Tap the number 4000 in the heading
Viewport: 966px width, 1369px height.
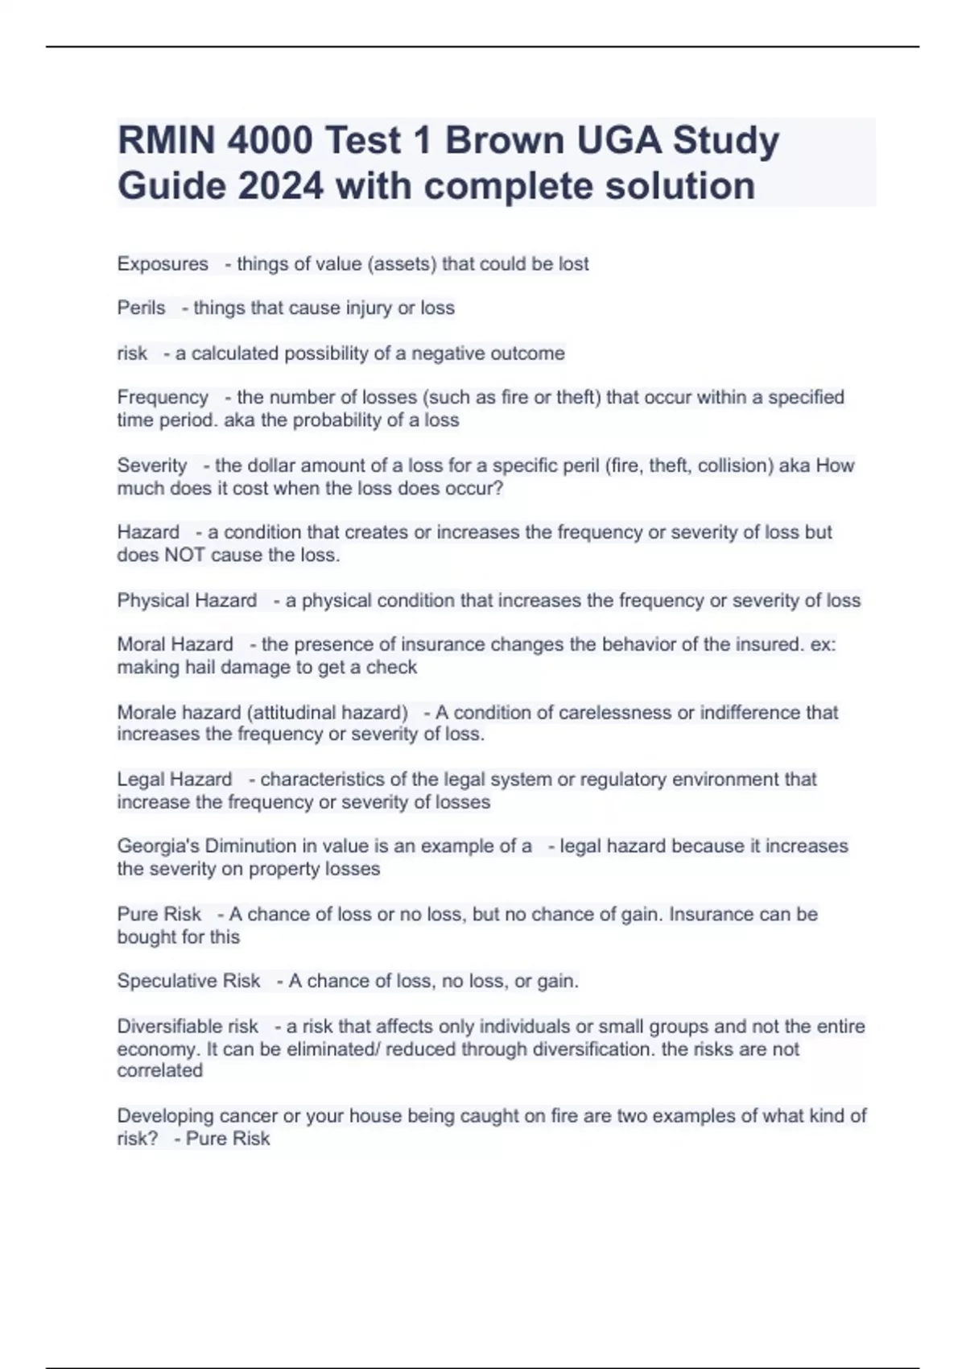(270, 141)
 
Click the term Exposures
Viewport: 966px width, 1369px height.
(163, 264)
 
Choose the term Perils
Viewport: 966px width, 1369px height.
(141, 308)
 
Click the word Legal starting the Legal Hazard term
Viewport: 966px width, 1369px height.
(140, 780)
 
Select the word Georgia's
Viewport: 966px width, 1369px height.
(158, 846)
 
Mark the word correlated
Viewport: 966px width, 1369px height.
(159, 1071)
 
